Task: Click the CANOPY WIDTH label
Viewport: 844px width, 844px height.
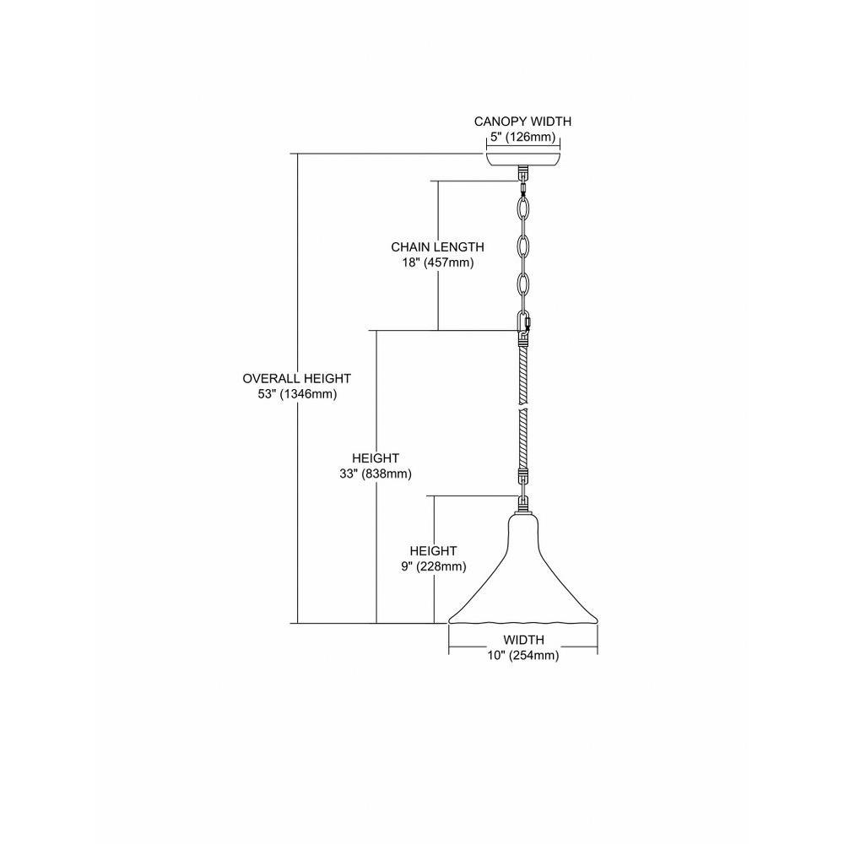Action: pyautogui.click(x=522, y=122)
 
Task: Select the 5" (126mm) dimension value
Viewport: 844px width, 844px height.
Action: pyautogui.click(x=522, y=138)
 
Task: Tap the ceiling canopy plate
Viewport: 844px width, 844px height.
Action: pyautogui.click(x=523, y=160)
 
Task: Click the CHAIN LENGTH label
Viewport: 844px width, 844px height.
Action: pyautogui.click(x=437, y=247)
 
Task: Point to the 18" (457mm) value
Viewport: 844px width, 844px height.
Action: pyautogui.click(x=437, y=263)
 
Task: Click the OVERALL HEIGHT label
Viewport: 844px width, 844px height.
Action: pyautogui.click(x=296, y=378)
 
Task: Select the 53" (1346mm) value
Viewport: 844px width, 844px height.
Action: pyautogui.click(x=297, y=394)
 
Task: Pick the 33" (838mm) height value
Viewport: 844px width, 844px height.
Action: pyautogui.click(x=376, y=474)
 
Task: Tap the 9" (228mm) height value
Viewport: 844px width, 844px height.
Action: pyautogui.click(x=433, y=567)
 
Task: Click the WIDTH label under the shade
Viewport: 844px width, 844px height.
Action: pyautogui.click(x=523, y=640)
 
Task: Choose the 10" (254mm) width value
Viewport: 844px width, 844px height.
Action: pyautogui.click(x=523, y=656)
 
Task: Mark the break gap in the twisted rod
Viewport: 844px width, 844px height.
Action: pyautogui.click(x=523, y=408)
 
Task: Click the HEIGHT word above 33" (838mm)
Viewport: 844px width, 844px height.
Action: pyautogui.click(x=376, y=458)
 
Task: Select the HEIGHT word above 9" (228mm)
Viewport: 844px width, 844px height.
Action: pyautogui.click(x=433, y=551)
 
